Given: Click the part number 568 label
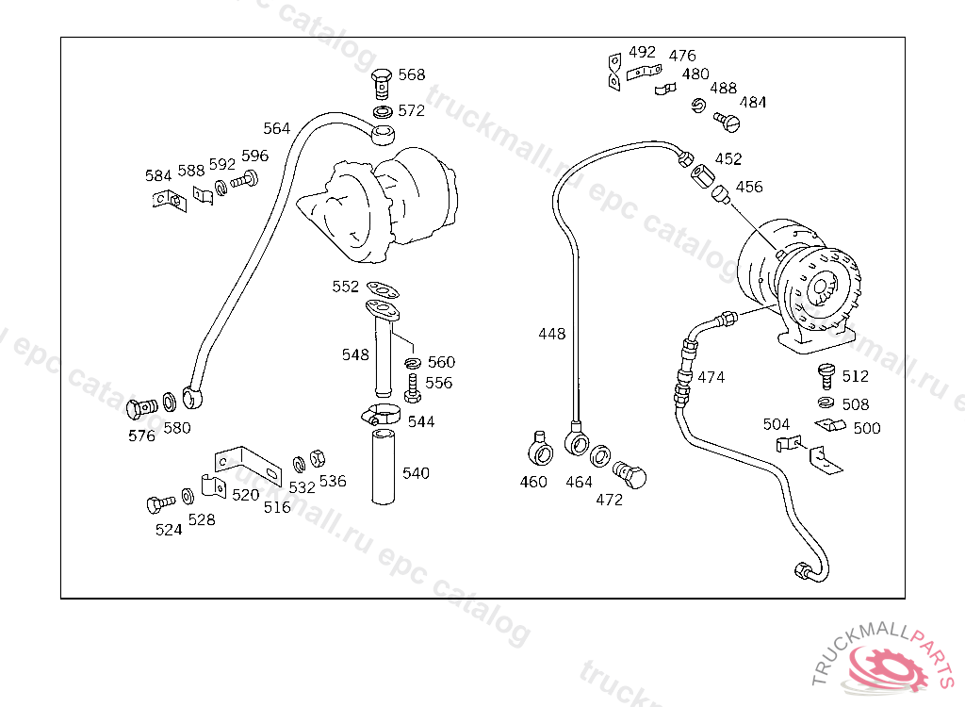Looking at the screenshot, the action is coord(412,74).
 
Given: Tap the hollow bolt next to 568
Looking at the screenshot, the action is coord(383,84).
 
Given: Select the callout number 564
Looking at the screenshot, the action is coord(276,128).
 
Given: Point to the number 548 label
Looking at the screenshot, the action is coord(355,354).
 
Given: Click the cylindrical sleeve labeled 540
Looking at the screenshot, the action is coord(383,468).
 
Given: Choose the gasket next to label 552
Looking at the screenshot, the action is coord(383,289).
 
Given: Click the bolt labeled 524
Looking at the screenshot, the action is coord(160,504).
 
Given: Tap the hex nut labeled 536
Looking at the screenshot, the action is coord(317,458).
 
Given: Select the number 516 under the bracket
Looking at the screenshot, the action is coord(277,507).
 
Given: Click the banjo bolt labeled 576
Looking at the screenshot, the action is coord(141,407).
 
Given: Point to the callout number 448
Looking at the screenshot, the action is coord(551,334).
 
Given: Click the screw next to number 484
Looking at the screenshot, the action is coord(727,122).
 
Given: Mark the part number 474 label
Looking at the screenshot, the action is coord(711,377).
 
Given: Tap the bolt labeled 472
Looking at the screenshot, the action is coord(630,474).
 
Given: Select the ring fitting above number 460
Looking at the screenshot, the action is coord(540,449).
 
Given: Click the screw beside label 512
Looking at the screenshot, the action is coord(826,376).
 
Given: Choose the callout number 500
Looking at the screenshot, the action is coord(867,428).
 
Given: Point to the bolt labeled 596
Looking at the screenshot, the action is coord(244,180).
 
